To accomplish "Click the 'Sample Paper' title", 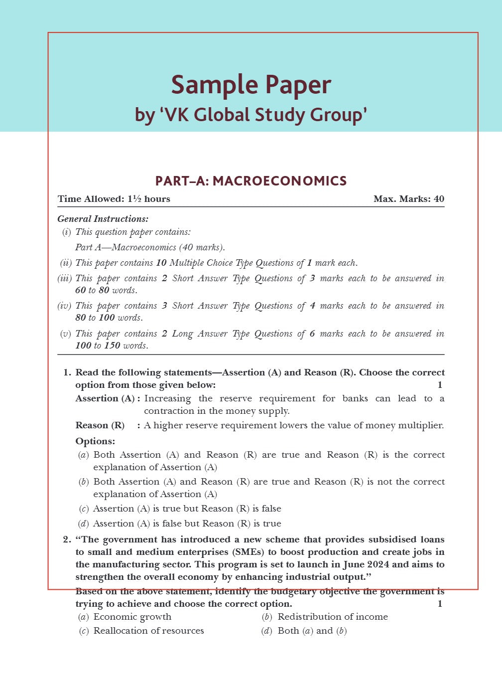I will (251, 85).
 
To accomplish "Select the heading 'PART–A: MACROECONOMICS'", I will (251, 181).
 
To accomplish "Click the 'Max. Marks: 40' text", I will (408, 199).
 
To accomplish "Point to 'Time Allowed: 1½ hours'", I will (114, 199).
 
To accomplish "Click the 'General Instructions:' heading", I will (103, 219).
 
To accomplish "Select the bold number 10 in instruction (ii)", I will (161, 263).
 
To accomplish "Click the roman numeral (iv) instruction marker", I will (65, 306).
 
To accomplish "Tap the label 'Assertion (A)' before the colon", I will (105, 398).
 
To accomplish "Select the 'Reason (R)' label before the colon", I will (100, 425).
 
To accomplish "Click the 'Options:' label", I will (95, 441).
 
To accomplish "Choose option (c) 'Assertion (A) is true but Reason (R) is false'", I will (187, 509).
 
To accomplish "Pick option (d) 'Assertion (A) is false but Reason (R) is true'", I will (187, 524).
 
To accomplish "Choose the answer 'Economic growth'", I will (132, 617).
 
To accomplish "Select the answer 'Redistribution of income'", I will (332, 617).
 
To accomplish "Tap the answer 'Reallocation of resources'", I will (148, 631).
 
